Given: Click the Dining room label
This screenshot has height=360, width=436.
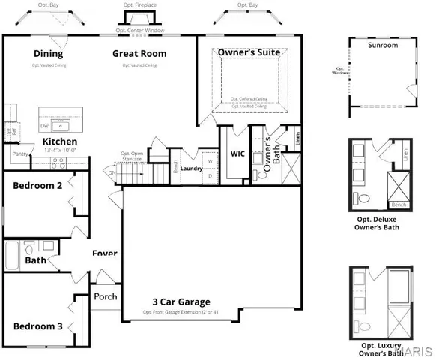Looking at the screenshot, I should pyautogui.click(x=48, y=53).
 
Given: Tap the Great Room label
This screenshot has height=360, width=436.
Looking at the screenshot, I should pyautogui.click(x=139, y=53).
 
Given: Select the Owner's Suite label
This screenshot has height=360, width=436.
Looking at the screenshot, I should pyautogui.click(x=249, y=52).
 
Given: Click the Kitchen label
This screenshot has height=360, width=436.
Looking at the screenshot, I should pyautogui.click(x=60, y=141).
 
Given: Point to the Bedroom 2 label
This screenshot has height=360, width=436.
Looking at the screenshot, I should pyautogui.click(x=37, y=185).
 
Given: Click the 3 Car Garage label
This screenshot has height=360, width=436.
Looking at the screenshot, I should pyautogui.click(x=181, y=301).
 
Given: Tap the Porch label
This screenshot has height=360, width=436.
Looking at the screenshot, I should pyautogui.click(x=106, y=296).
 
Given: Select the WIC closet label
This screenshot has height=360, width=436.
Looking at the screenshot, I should pyautogui.click(x=238, y=154).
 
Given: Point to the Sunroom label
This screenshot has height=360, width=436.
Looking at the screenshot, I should pyautogui.click(x=383, y=45).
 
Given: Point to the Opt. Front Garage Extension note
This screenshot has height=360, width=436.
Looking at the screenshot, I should pyautogui.click(x=181, y=311).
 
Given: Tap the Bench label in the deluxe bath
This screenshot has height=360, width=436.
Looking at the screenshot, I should pyautogui.click(x=399, y=205).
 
